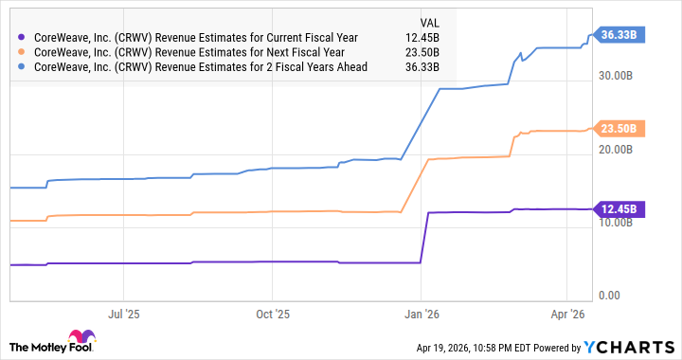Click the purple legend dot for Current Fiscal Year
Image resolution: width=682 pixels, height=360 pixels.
tap(22, 36)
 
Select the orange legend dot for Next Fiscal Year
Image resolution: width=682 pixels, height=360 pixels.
tap(22, 52)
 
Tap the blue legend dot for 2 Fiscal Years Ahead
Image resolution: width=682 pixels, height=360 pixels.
tap(22, 68)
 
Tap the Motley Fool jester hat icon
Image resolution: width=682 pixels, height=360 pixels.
tap(76, 339)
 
